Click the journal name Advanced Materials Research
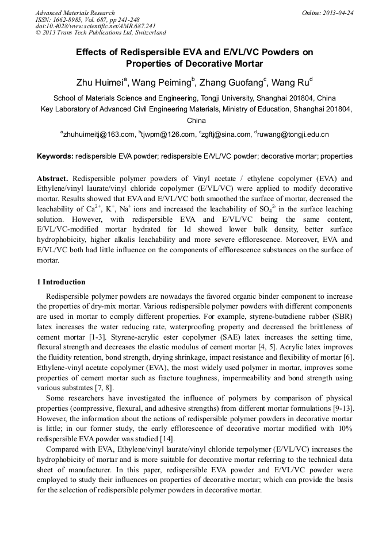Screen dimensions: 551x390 click(x=75, y=13)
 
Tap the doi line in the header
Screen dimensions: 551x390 click(x=95, y=26)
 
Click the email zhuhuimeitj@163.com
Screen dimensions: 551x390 click(x=98, y=134)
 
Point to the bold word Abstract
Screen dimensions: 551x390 click(x=52, y=178)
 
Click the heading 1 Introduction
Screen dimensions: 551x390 click(x=61, y=282)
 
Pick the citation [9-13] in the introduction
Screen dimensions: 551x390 click(x=340, y=407)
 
